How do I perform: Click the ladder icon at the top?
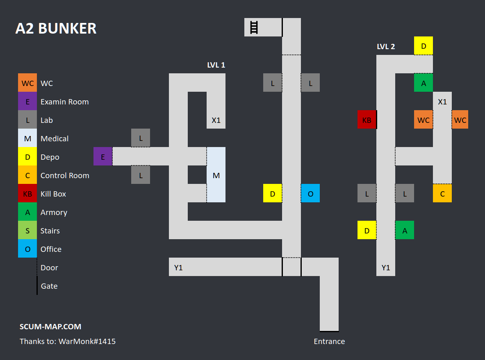254,27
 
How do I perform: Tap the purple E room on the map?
103,156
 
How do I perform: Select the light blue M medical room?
216,175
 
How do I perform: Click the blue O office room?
310,193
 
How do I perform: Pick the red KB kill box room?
367,120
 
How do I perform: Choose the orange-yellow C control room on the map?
442,193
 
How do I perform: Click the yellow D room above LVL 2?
424,46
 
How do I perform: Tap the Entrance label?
329,341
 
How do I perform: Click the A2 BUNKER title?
56,29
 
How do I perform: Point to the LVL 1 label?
216,65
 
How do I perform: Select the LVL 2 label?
386,46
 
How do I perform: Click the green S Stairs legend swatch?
27,231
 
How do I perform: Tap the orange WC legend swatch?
27,83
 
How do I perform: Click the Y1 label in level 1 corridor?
178,267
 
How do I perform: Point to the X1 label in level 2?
442,102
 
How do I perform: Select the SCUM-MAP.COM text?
50,326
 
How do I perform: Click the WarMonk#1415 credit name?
87,341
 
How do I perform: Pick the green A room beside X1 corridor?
424,83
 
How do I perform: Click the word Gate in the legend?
49,286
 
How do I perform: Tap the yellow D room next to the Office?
273,193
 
